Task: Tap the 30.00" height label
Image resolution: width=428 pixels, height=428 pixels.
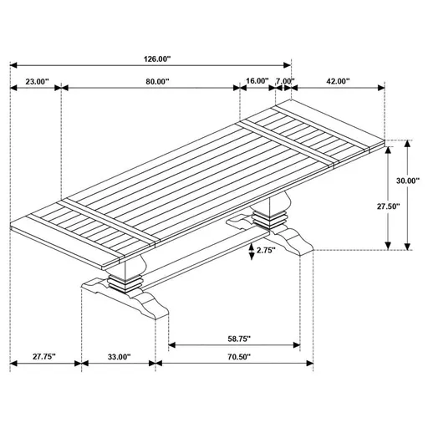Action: (409, 180)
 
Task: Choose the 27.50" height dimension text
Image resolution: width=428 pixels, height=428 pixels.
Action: (385, 206)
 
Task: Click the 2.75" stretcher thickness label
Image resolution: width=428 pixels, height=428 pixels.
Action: (267, 250)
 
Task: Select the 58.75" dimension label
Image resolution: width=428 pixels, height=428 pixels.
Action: (234, 339)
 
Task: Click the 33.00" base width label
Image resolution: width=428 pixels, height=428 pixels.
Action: (118, 357)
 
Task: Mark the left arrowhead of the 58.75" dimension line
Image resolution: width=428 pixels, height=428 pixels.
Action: (172, 344)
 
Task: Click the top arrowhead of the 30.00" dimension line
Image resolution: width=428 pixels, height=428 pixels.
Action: (407, 142)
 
